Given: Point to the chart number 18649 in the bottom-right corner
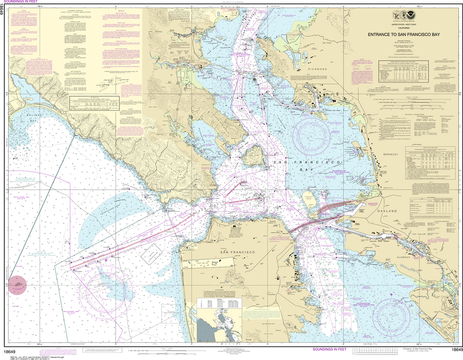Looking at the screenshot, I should point(455,350).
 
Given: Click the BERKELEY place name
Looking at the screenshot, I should point(390,154).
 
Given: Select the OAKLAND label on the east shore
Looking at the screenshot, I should point(386,211).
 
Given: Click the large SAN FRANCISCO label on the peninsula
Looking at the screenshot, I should point(238,252).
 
